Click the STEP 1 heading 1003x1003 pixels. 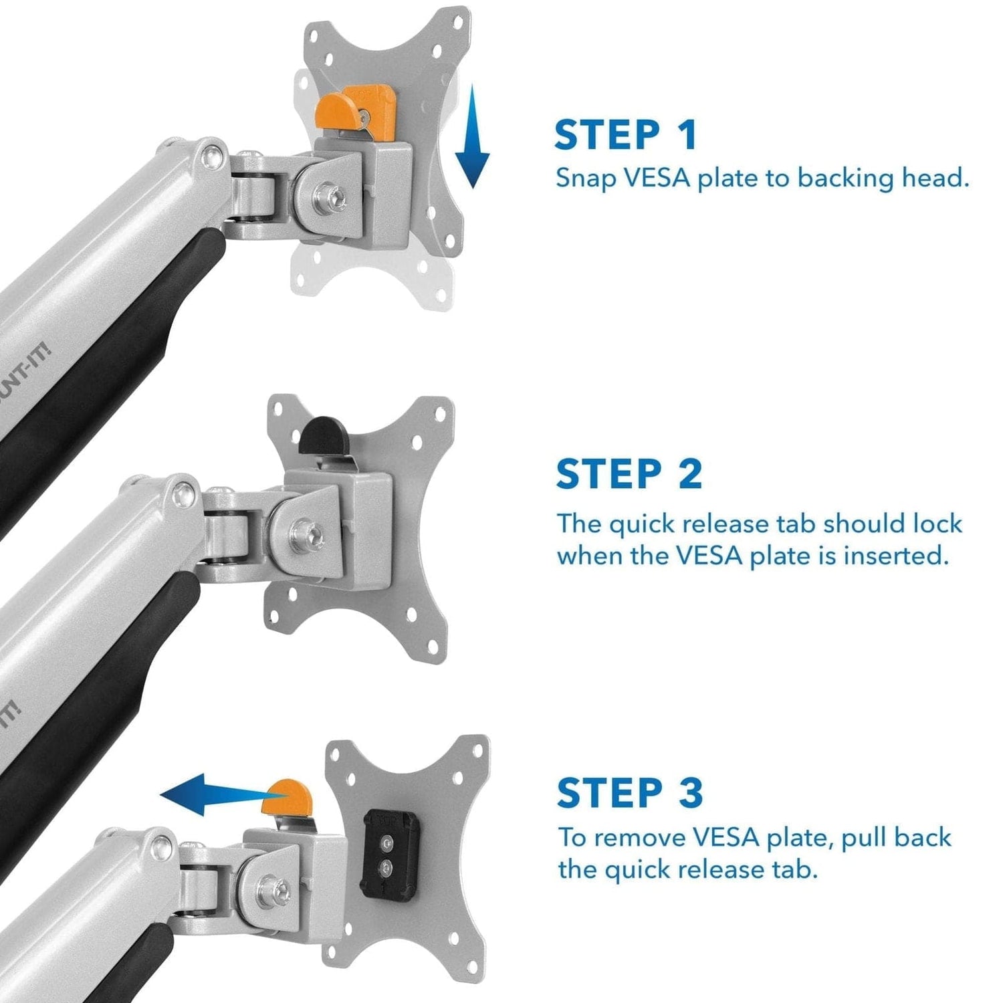(x=626, y=135)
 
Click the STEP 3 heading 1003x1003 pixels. (x=630, y=793)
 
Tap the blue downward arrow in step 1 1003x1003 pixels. (x=472, y=137)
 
